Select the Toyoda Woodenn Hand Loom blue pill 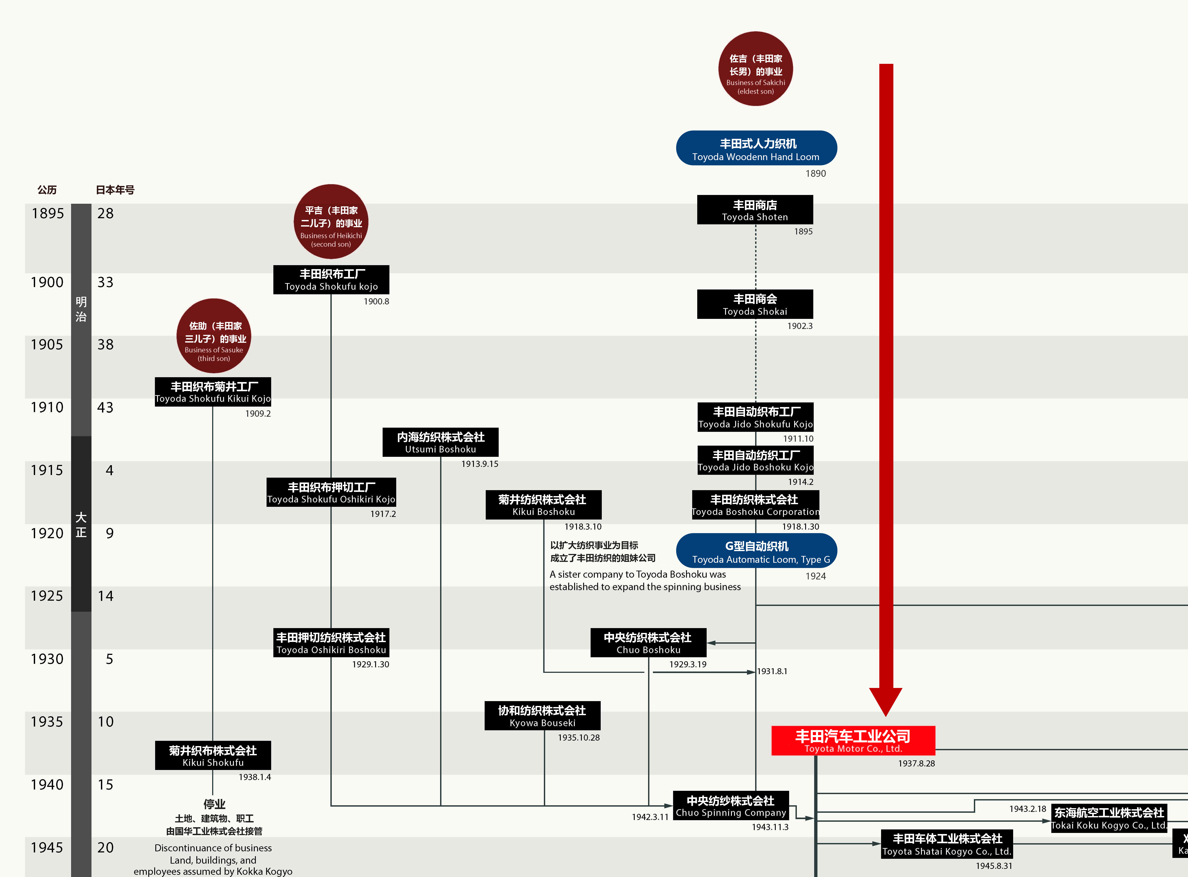click(x=756, y=148)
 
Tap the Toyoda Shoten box click(x=755, y=210)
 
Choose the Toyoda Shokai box click(x=755, y=304)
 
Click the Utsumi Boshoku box click(x=440, y=442)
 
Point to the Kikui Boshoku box click(x=543, y=505)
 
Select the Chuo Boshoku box click(x=649, y=643)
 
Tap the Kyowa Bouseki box click(x=542, y=716)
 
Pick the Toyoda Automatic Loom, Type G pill click(x=756, y=550)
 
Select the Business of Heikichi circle click(x=331, y=221)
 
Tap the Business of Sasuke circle click(x=213, y=336)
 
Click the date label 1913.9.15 click(x=480, y=464)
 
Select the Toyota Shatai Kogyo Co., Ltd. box click(x=947, y=844)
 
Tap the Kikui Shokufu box click(x=213, y=756)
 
